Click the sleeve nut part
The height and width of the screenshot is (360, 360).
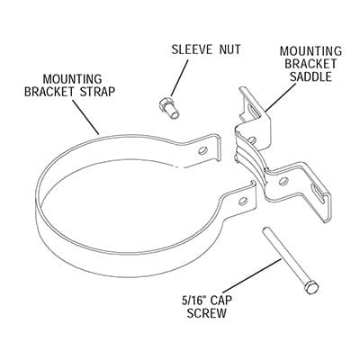pos(169,108)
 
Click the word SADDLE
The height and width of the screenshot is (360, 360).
pos(310,76)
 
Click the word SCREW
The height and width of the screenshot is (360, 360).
pos(207,313)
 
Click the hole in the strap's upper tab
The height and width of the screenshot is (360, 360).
pos(203,150)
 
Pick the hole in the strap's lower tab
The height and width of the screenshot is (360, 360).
pos(243,201)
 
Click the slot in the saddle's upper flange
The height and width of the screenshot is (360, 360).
pos(255,113)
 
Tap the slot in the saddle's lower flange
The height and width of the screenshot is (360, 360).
pos(318,192)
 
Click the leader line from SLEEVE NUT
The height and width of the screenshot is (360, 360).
pos(180,77)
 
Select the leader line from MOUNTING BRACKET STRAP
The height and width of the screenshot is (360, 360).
pos(85,116)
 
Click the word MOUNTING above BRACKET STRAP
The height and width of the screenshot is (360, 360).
pos(73,79)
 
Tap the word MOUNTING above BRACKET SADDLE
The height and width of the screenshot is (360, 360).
pos(310,50)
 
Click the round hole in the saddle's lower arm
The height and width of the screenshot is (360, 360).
pos(283,181)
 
